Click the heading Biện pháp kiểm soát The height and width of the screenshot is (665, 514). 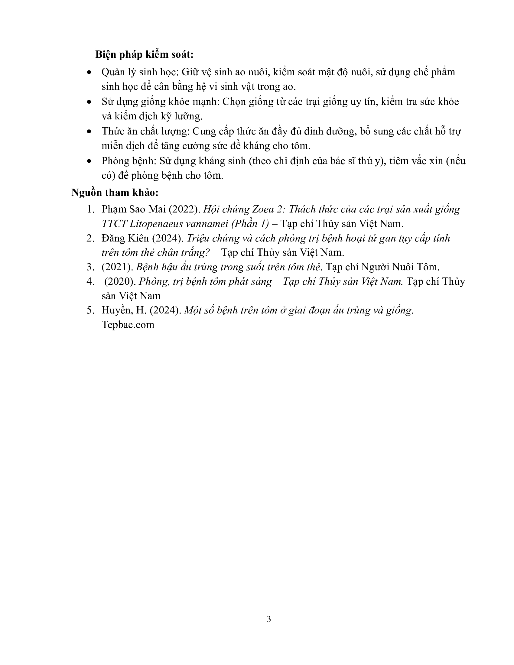pyautogui.click(x=144, y=55)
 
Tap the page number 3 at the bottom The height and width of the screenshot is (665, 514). pyautogui.click(x=268, y=619)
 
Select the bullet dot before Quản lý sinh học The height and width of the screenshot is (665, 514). pyautogui.click(x=89, y=73)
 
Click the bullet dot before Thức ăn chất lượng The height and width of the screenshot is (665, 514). pyautogui.click(x=89, y=131)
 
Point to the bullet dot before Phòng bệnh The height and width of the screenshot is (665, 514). pyautogui.click(x=89, y=161)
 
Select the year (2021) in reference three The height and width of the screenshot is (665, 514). pyautogui.click(x=118, y=267)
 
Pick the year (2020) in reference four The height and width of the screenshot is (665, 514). pyautogui.click(x=120, y=281)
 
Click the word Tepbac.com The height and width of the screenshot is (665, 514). pyautogui.click(x=128, y=325)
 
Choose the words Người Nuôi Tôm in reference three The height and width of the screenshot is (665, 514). pyautogui.click(x=400, y=267)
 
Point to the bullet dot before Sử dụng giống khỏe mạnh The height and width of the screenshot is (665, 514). pyautogui.click(x=89, y=102)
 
